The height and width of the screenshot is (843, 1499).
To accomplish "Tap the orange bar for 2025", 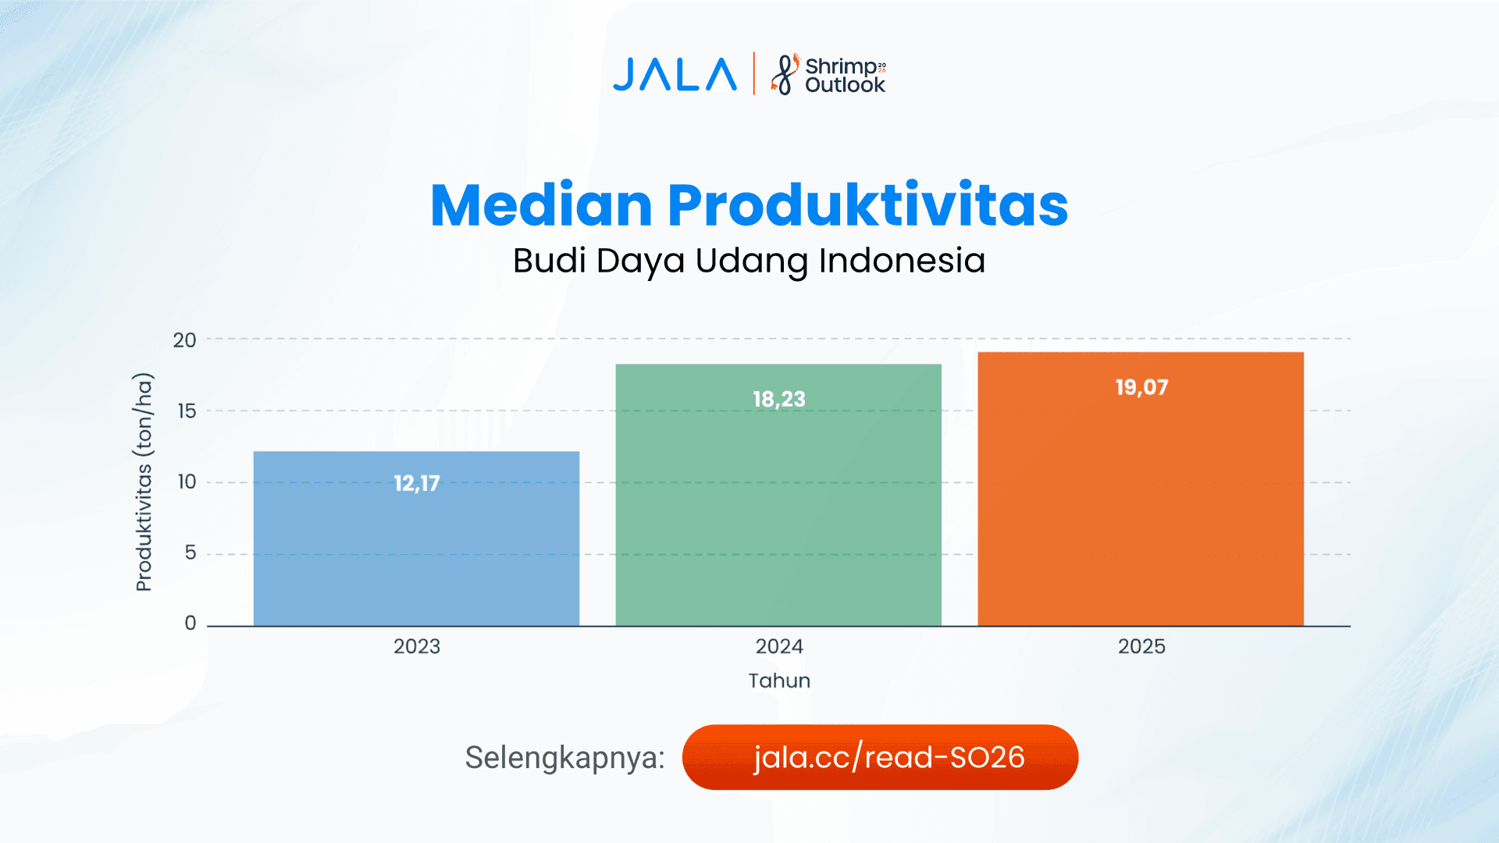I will pyautogui.click(x=1141, y=507).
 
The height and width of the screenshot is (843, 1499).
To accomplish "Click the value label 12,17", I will pyautogui.click(x=417, y=483).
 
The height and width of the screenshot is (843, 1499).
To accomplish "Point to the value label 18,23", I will pyautogui.click(x=778, y=399).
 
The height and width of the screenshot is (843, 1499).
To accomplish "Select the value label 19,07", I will pyautogui.click(x=1141, y=387).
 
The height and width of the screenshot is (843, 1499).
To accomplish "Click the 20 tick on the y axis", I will pyautogui.click(x=185, y=340).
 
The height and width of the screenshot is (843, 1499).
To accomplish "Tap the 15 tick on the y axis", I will pyautogui.click(x=187, y=411).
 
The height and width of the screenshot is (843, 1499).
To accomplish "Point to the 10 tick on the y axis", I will pyautogui.click(x=187, y=482).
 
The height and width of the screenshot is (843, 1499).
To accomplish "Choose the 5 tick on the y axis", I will pyautogui.click(x=190, y=553).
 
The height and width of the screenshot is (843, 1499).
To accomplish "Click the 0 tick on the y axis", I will pyautogui.click(x=190, y=624).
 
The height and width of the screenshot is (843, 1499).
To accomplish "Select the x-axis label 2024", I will pyautogui.click(x=778, y=646).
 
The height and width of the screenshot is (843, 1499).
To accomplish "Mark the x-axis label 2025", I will pyautogui.click(x=1141, y=646).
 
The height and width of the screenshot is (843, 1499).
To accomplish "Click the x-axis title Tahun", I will pyautogui.click(x=779, y=681).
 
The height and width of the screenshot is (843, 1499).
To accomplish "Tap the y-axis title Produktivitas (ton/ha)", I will pyautogui.click(x=144, y=482).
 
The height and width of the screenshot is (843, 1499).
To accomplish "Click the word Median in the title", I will pyautogui.click(x=541, y=205).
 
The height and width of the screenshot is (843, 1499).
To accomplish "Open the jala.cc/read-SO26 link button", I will pyautogui.click(x=880, y=757).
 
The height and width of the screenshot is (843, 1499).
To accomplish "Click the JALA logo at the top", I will pyautogui.click(x=675, y=75).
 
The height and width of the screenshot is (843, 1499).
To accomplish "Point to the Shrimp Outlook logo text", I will pyautogui.click(x=844, y=76).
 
